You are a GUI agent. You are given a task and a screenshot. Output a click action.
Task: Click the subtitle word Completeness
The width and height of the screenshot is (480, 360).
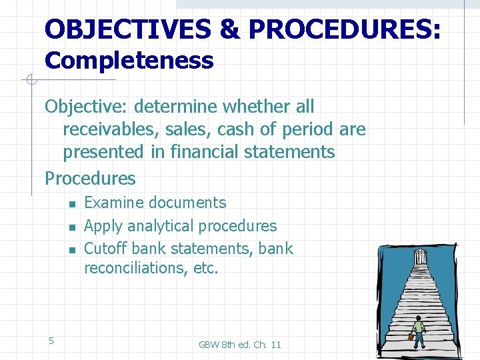click(129, 61)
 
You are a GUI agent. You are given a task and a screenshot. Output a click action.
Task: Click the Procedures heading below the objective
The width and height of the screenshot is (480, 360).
click(90, 179)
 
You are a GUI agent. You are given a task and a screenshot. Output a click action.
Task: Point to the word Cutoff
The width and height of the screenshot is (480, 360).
click(106, 249)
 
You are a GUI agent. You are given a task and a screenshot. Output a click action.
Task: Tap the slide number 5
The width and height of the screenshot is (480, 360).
click(51, 341)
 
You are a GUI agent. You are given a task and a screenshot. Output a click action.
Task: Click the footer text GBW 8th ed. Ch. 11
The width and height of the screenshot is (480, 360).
click(240, 345)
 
